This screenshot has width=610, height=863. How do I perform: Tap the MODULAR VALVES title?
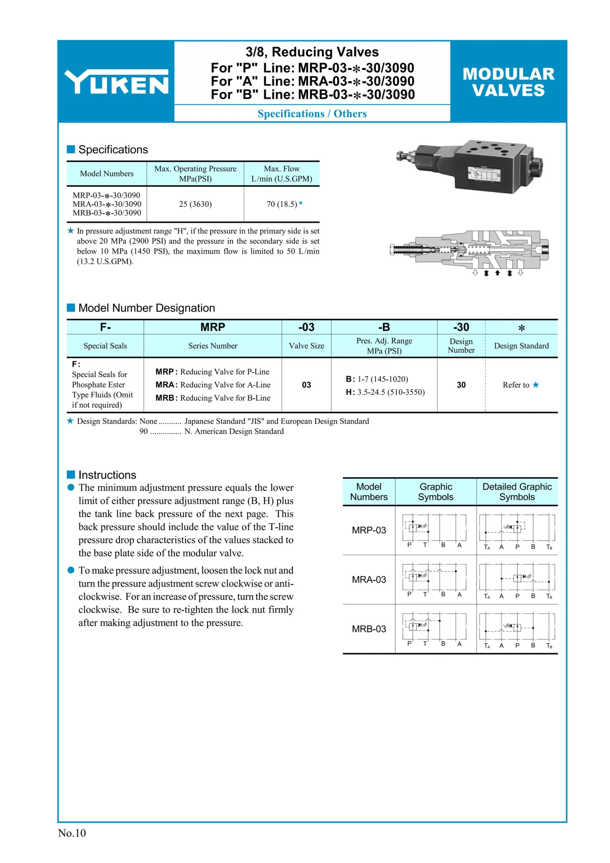coord(508,82)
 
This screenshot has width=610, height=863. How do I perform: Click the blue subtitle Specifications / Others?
coord(312,114)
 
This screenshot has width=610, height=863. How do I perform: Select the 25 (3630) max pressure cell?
coord(195,204)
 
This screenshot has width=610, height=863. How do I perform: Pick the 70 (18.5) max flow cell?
coord(282,204)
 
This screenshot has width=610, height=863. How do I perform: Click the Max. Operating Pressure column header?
coord(195,174)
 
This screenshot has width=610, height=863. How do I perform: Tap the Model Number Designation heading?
coord(146,308)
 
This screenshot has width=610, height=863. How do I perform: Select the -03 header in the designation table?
coord(306,327)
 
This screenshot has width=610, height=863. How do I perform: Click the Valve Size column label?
coord(306,346)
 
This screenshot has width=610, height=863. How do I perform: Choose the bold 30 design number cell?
coord(461,385)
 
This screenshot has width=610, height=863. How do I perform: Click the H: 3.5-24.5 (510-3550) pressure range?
coord(385,392)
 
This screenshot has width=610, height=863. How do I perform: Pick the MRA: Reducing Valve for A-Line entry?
coord(213,385)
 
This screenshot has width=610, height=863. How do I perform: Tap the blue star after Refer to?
coord(535,385)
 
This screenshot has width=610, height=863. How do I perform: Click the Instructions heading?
coord(107,475)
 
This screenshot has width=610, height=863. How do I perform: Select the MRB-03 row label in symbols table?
coord(369,629)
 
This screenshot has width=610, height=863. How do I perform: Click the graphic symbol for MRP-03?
coord(434,530)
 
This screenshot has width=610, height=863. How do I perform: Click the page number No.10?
coord(72,833)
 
